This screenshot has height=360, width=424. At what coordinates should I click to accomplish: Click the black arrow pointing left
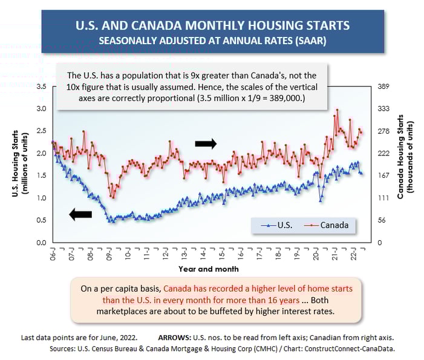pyautogui.click(x=80, y=214)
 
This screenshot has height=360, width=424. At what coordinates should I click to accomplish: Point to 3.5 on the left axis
pyautogui.click(x=42, y=87)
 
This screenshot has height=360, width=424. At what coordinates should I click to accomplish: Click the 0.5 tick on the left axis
pyautogui.click(x=42, y=220)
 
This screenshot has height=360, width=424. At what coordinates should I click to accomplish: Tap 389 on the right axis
pyautogui.click(x=382, y=87)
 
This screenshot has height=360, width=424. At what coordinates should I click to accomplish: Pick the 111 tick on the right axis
pyautogui.click(x=382, y=198)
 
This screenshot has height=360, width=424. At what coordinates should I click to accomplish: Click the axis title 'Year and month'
pyautogui.click(x=208, y=269)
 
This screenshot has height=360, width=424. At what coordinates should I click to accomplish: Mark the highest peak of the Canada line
pyautogui.click(x=337, y=110)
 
